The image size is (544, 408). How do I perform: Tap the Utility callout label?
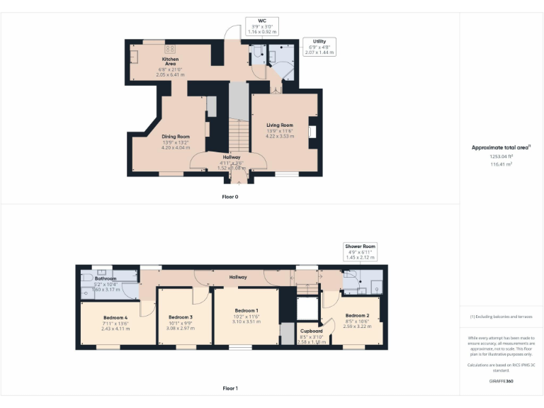coord(319,47)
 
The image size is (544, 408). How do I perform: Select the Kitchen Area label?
coord(171,62)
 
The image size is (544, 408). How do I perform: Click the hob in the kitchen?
coord(170,49)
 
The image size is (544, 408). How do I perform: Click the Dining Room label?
coord(176,136)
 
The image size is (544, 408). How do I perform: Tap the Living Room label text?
coord(279,125)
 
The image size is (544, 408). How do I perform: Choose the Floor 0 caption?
coord(229,196)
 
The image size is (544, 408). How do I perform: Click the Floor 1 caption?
coord(229,388)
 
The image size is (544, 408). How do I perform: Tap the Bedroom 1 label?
coord(246,310)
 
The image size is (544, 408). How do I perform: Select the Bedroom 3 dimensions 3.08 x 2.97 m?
coord(181,329)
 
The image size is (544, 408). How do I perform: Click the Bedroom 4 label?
coord(115,317)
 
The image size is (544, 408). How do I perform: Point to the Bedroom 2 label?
coord(357,315)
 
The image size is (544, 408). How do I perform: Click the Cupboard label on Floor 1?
coord(311,331)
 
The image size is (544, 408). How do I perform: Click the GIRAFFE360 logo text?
coord(501,381)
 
